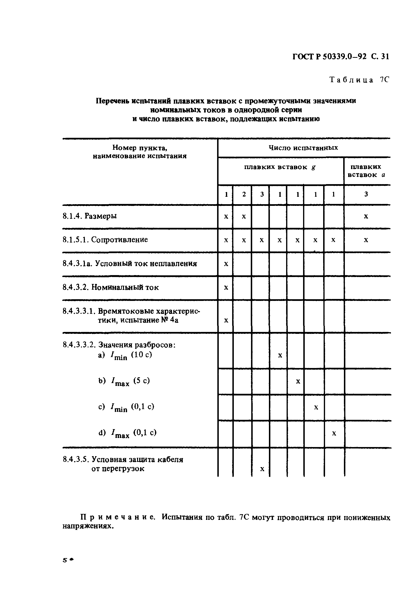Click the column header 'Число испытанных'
tap(303, 148)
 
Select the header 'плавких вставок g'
tap(280, 167)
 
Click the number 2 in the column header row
tap(244, 194)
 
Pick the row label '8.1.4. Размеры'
tap(90, 216)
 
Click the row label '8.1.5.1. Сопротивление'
tap(105, 240)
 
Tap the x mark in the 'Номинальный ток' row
tap(226, 288)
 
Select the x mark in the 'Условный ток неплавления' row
tap(226, 264)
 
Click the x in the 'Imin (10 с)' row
tap(280, 356)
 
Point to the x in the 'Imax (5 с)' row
tap(298, 381)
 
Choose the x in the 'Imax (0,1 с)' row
tap(334, 433)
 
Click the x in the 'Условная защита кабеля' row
tap(262, 469)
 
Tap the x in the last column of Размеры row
tap(366, 216)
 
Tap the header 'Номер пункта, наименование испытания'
tap(139, 152)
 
